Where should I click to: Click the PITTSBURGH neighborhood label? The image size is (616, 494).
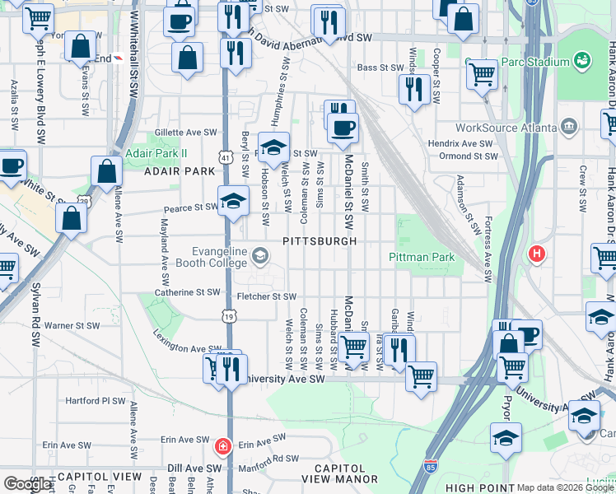(320, 241)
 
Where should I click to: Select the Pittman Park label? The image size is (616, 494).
(422, 258)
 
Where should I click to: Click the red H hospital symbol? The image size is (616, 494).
(538, 254)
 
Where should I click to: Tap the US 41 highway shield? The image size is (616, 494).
(226, 156)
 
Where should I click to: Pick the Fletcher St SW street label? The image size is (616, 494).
(266, 296)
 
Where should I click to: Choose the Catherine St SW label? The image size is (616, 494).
(188, 291)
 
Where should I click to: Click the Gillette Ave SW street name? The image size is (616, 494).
(188, 132)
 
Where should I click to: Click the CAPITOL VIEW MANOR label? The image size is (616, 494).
(339, 473)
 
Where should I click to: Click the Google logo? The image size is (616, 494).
(27, 484)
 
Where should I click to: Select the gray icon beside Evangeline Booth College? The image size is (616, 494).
(260, 256)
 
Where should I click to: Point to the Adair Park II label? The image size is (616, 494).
(156, 153)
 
